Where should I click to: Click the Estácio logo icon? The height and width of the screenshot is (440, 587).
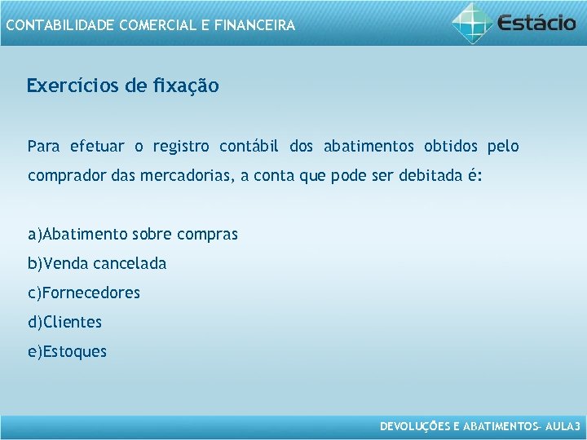pyautogui.click(x=473, y=22)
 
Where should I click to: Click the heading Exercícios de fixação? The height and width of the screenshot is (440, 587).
pyautogui.click(x=122, y=86)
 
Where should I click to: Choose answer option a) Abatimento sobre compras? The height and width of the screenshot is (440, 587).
pyautogui.click(x=133, y=235)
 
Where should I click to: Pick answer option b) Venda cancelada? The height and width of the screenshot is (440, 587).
pyautogui.click(x=97, y=264)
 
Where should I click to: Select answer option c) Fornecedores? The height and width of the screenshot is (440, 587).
pyautogui.click(x=84, y=293)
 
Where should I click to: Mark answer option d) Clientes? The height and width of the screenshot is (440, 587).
pyautogui.click(x=65, y=323)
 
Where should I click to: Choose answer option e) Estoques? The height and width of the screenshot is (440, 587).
pyautogui.click(x=67, y=352)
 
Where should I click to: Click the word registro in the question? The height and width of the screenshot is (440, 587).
pyautogui.click(x=181, y=147)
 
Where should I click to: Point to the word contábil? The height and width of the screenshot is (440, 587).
pyautogui.click(x=249, y=147)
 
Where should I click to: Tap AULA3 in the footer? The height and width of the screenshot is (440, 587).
pyautogui.click(x=563, y=426)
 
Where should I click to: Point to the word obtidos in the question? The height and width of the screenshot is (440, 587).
pyautogui.click(x=451, y=147)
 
